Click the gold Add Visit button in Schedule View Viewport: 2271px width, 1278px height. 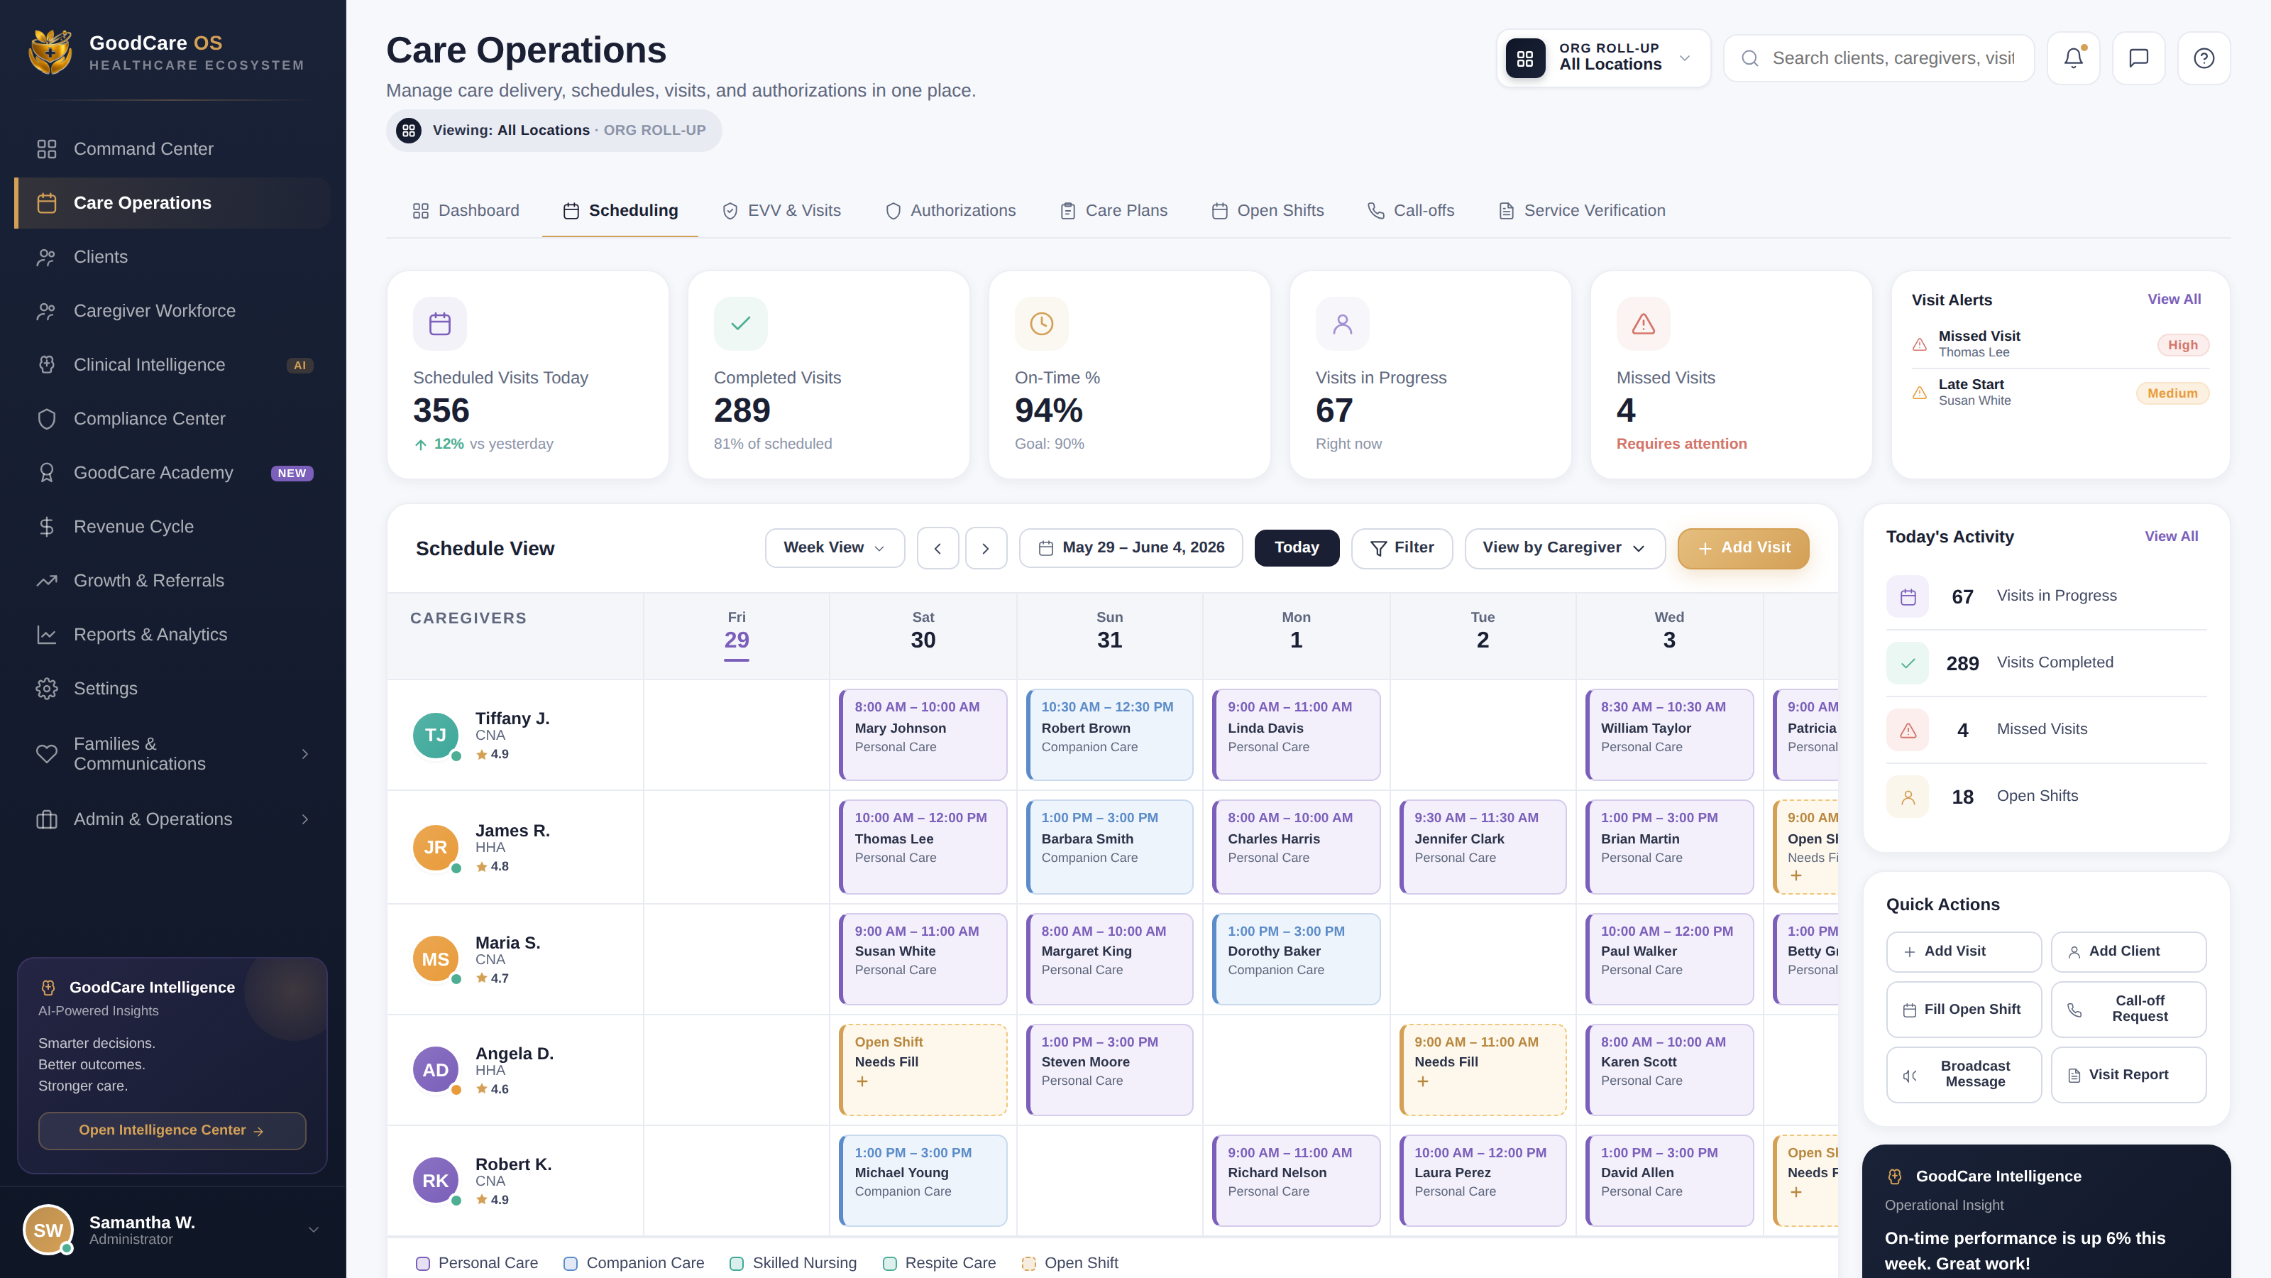coord(1743,547)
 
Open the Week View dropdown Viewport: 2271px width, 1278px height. coord(834,547)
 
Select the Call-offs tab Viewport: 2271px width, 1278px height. coord(1411,211)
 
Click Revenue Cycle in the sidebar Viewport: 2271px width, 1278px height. coord(133,527)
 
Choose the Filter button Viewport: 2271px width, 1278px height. coord(1402,547)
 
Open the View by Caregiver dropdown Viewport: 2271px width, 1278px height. coord(1564,547)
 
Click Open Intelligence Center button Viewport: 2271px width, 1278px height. coord(172,1131)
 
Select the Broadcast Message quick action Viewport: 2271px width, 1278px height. coord(1963,1074)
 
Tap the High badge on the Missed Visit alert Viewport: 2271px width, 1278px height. coord(2183,345)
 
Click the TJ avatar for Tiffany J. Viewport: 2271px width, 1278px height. coord(436,736)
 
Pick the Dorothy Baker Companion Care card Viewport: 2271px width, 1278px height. coord(1296,958)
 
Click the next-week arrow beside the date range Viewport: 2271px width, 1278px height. coord(986,547)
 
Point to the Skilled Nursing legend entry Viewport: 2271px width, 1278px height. coord(793,1263)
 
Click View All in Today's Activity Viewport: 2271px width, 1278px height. coord(2170,536)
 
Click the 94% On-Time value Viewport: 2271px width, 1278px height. coord(1048,410)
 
